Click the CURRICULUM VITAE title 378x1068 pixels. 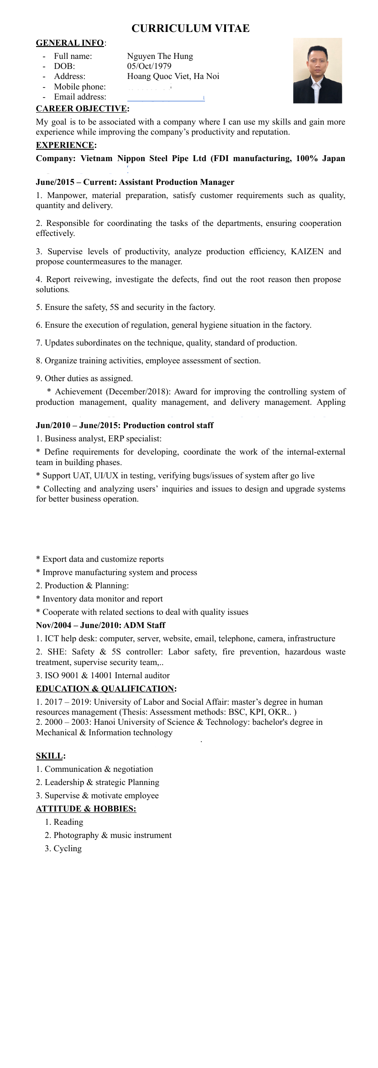pyautogui.click(x=190, y=28)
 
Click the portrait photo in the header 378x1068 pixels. pyautogui.click(x=317, y=70)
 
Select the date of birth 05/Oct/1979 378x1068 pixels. pyautogui.click(x=149, y=66)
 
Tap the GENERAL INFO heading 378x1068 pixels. pyautogui.click(x=70, y=43)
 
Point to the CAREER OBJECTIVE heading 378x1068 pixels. pyautogui.click(x=82, y=109)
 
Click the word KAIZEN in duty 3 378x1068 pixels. pyautogui.click(x=307, y=251)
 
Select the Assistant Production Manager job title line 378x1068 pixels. pyautogui.click(x=135, y=182)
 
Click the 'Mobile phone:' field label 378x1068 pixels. pyautogui.click(x=80, y=87)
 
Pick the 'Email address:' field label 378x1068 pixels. pyautogui.click(x=80, y=97)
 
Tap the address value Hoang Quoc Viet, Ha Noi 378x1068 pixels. pyautogui.click(x=173, y=76)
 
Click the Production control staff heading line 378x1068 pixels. pyautogui.click(x=125, y=425)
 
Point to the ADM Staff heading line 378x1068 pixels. pyautogui.click(x=100, y=625)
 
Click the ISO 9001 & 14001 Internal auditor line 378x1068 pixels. pyautogui.click(x=103, y=675)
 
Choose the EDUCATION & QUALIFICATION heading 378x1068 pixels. pyautogui.click(x=105, y=689)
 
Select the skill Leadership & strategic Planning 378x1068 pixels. pyautogui.click(x=98, y=782)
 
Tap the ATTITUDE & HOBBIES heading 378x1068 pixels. pyautogui.click(x=86, y=809)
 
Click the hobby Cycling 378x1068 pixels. pyautogui.click(x=68, y=848)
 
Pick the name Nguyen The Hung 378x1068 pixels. pyautogui.click(x=160, y=56)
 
